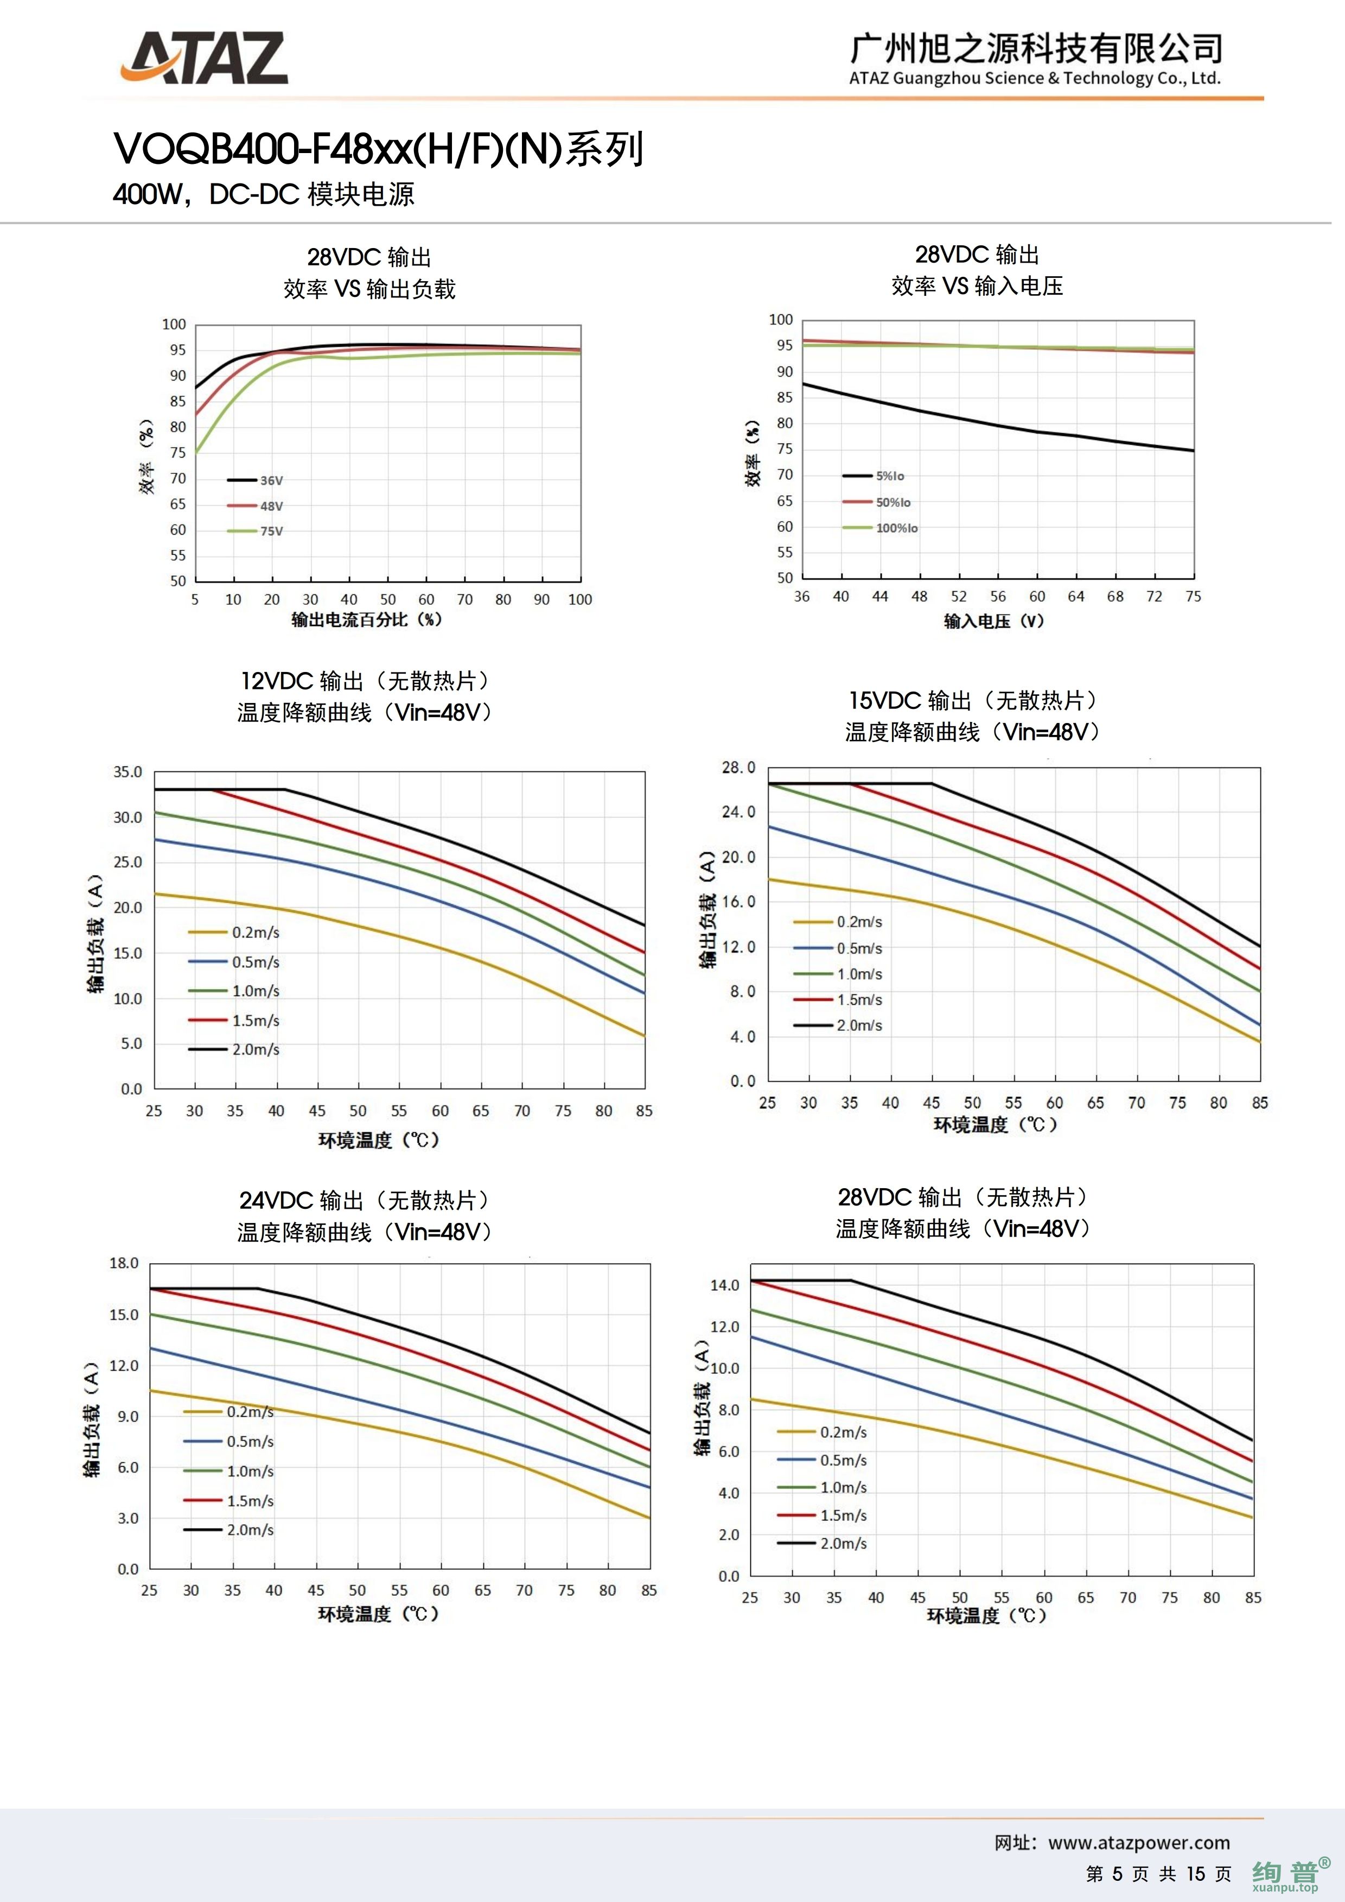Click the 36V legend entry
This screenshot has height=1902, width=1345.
256,480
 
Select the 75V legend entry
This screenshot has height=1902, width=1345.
256,531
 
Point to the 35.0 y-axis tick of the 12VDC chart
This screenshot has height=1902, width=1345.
129,772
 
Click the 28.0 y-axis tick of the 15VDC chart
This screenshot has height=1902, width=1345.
739,768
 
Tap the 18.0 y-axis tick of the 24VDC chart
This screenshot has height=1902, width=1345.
124,1263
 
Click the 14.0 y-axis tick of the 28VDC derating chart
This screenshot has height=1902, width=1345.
725,1286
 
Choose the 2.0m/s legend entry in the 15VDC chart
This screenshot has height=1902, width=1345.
839,1025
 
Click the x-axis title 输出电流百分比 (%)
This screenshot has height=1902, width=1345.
367,620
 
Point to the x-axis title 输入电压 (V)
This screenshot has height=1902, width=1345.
994,622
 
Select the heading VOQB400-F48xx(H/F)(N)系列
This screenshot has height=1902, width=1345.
379,150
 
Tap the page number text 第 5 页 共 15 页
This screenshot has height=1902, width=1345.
1158,1874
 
